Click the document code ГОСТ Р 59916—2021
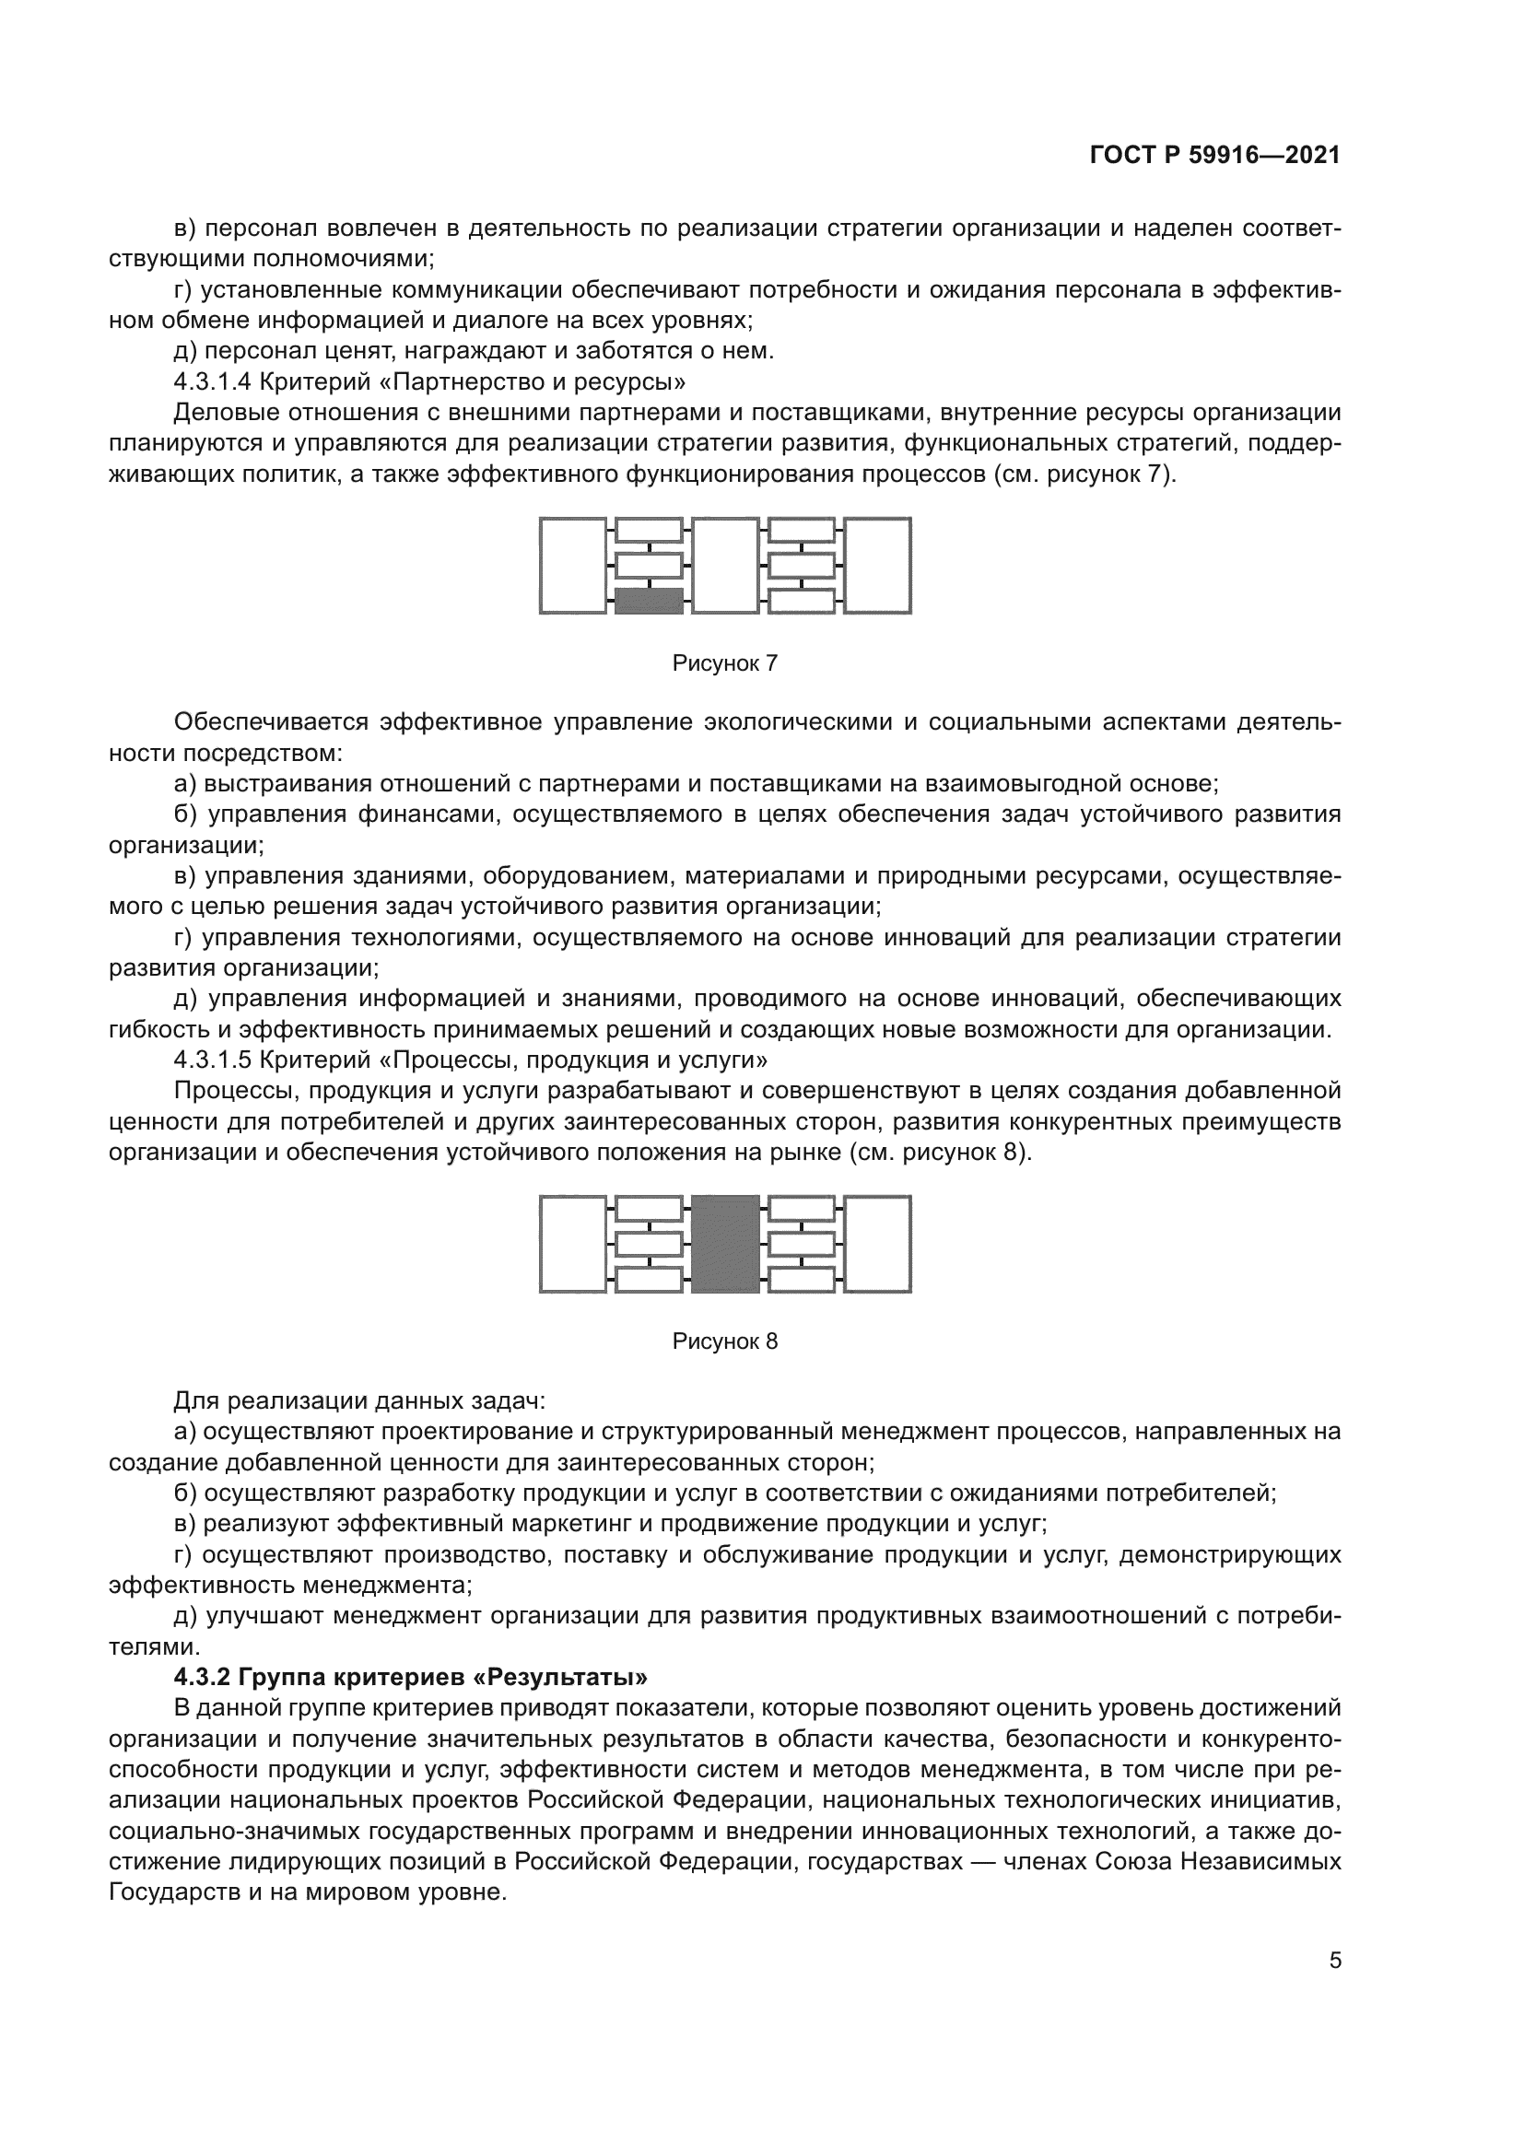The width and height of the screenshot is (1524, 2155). coord(1214,156)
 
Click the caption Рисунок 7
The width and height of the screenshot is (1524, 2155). coord(724,663)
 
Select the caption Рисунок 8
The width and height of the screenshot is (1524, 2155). coord(724,1341)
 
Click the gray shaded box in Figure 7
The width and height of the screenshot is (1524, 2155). coord(649,601)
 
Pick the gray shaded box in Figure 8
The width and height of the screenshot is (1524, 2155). coord(724,1244)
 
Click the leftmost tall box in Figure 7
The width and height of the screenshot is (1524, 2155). coord(572,566)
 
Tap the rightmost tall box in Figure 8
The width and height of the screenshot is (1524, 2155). coord(877,1244)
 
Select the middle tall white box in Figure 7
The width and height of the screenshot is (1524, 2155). coord(724,566)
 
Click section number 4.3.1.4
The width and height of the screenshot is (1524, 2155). coord(212,382)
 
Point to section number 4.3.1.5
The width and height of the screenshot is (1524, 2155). coord(212,1060)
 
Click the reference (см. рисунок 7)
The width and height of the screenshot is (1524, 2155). coord(1084,474)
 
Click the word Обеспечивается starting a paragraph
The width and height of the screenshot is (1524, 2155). coord(271,722)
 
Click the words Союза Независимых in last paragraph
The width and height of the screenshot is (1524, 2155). coord(1222,1862)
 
